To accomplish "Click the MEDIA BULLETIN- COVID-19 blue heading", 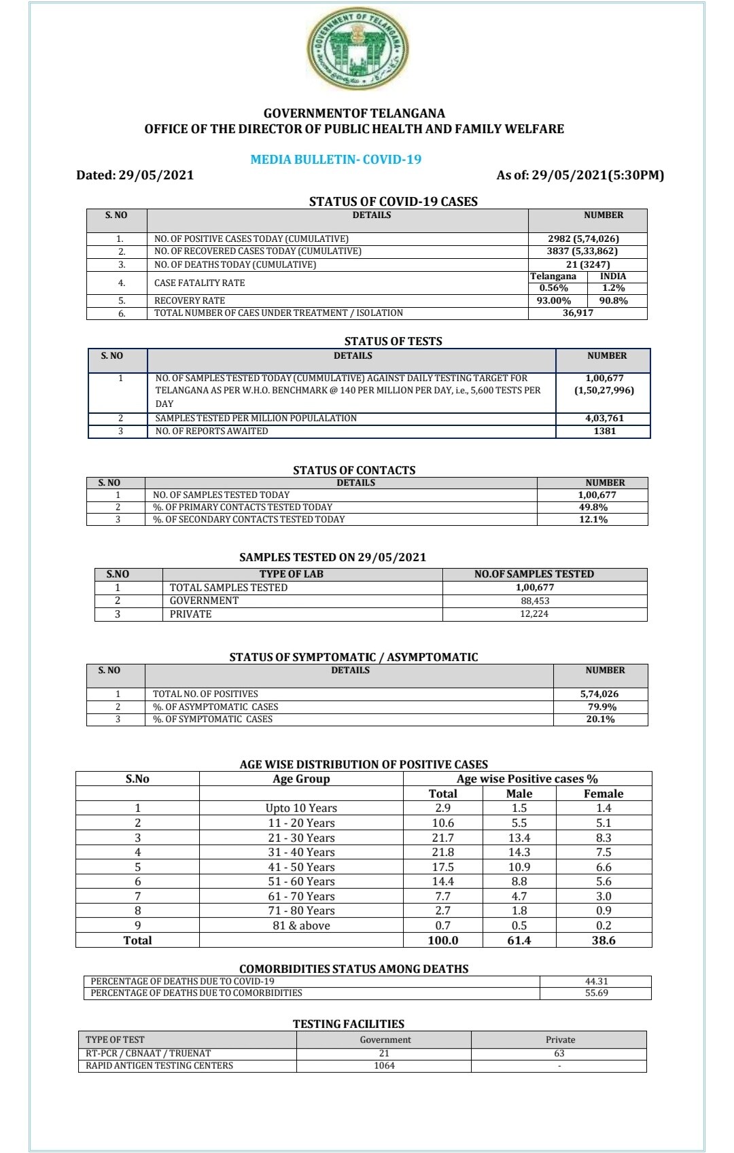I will [x=336, y=160].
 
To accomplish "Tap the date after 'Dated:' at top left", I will [x=156, y=175].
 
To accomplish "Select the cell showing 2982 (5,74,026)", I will [x=583, y=238].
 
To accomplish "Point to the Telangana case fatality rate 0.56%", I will [x=553, y=288].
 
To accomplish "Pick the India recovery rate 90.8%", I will [x=613, y=300].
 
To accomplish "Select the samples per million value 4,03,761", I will [x=604, y=419].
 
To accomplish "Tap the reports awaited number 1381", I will [x=604, y=431].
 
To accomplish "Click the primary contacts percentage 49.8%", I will [x=593, y=507].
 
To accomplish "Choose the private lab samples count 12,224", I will [x=534, y=614].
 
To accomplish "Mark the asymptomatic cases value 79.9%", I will [x=600, y=707].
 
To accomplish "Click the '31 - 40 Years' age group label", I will [x=301, y=852].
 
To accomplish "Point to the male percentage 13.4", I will [x=519, y=838].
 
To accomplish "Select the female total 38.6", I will [x=603, y=940].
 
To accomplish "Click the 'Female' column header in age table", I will [x=603, y=794].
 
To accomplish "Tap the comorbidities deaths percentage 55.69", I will [x=596, y=993].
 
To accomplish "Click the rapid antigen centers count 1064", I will [x=384, y=1065].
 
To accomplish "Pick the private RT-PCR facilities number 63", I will [x=559, y=1053].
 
